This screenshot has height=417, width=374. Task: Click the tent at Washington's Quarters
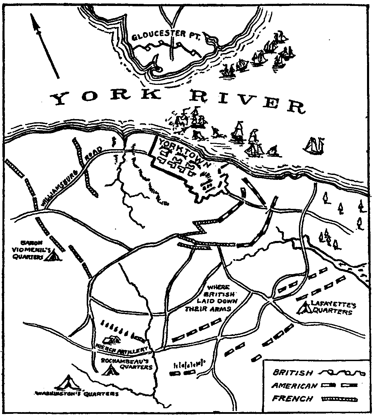tap(69, 383)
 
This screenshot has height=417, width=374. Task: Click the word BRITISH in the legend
tap(293, 372)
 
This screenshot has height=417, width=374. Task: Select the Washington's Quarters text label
tap(77, 394)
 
